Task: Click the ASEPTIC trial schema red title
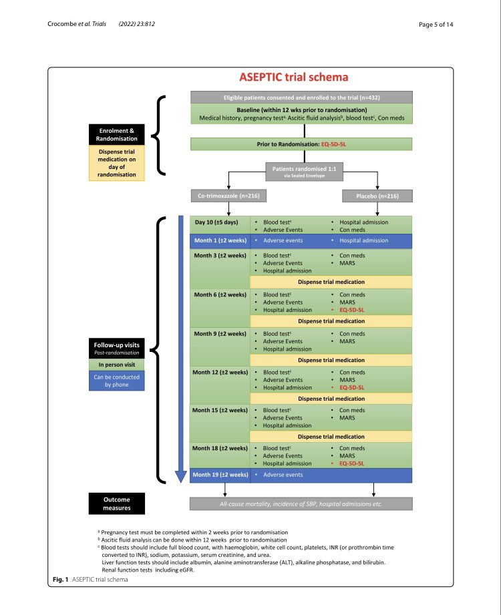[294, 77]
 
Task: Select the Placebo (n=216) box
[377, 196]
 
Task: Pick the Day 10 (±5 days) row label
[216, 221]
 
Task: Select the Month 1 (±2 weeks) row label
[219, 240]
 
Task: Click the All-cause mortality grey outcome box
[301, 503]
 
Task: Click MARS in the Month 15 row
[347, 418]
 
